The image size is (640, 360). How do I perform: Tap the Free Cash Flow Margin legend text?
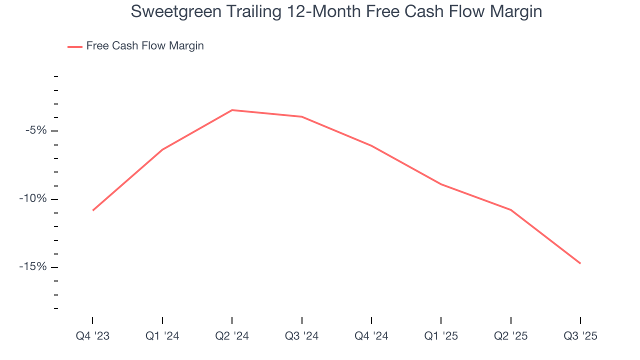(x=145, y=46)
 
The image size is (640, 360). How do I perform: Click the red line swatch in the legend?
(x=75, y=46)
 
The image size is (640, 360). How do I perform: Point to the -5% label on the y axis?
(x=36, y=131)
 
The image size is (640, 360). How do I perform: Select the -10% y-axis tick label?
(x=33, y=199)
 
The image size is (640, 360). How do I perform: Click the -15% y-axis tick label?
(x=33, y=267)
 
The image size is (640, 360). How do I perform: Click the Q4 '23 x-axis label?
(x=92, y=336)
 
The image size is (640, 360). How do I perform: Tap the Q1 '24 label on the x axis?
(x=162, y=336)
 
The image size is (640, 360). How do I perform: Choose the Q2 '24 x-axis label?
(x=232, y=336)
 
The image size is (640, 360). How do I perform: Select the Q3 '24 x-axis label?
(x=301, y=336)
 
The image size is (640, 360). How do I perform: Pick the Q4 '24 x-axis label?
(x=371, y=336)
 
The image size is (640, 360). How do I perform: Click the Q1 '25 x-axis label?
(x=441, y=336)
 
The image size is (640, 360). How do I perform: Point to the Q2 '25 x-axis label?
(x=510, y=336)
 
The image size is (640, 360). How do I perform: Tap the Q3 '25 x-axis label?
(x=580, y=336)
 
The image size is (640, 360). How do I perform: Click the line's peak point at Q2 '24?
(x=232, y=110)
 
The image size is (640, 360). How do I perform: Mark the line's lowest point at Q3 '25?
(x=580, y=263)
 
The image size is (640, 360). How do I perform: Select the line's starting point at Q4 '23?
(x=93, y=210)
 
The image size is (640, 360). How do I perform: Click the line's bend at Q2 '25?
(x=510, y=209)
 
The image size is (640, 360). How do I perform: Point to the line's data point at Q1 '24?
(x=162, y=149)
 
